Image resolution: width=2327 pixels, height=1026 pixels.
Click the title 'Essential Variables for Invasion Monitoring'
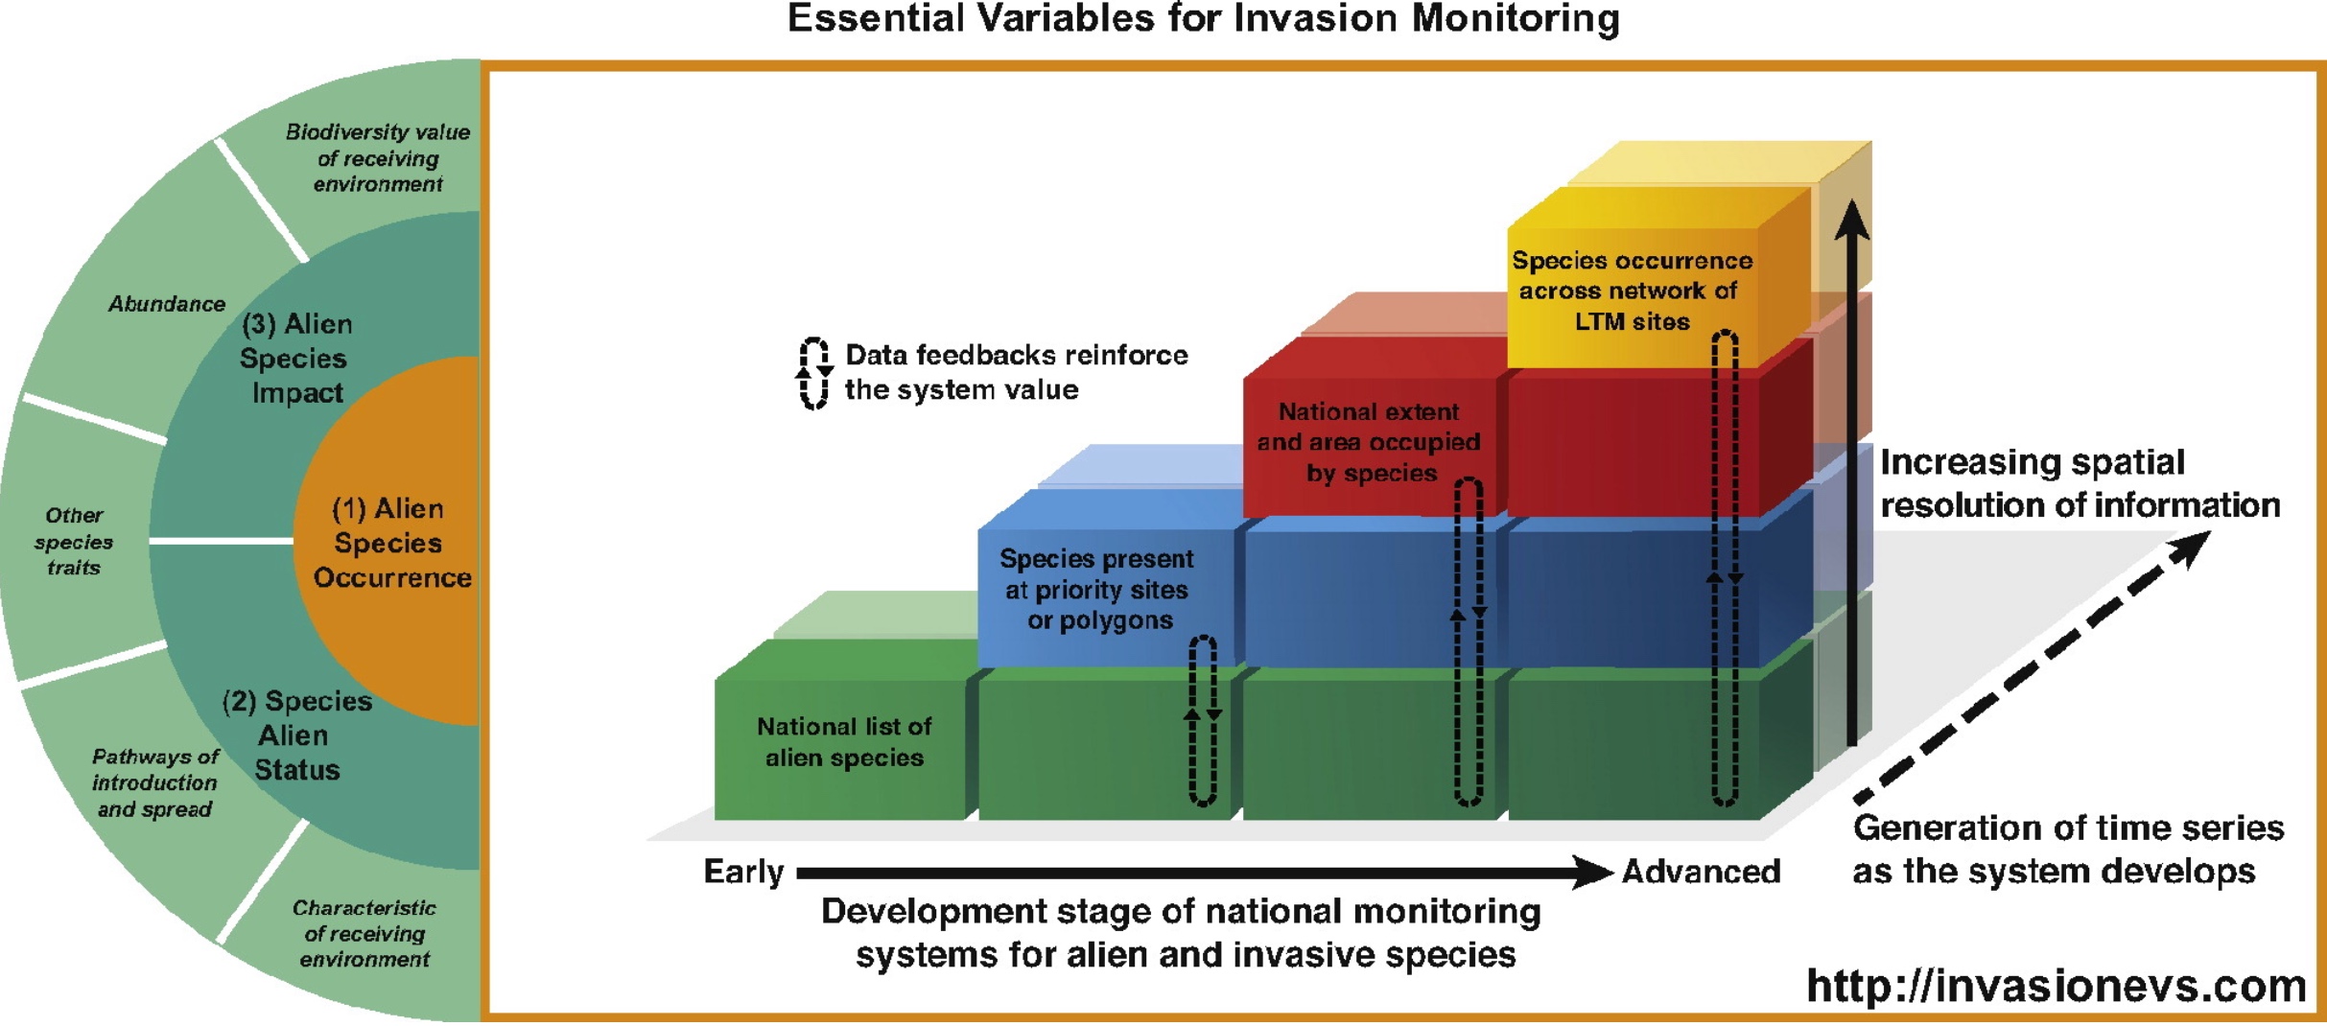(x=1203, y=19)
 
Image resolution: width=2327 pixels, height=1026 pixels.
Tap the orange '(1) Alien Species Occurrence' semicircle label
(x=389, y=543)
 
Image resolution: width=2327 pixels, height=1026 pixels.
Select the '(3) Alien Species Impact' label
(x=295, y=358)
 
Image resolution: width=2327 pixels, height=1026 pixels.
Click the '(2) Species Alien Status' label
(x=295, y=735)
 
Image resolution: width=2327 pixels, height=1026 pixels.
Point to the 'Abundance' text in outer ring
(x=167, y=304)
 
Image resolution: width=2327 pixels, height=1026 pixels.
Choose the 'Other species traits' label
(x=74, y=541)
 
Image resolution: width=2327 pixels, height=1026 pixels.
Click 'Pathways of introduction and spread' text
(x=154, y=782)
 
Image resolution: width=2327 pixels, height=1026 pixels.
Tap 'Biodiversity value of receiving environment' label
(x=378, y=158)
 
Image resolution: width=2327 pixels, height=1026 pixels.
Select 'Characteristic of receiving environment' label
(x=364, y=933)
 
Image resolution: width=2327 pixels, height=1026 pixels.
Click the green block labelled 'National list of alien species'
(x=844, y=741)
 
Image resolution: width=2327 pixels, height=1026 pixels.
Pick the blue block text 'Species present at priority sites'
(x=1098, y=589)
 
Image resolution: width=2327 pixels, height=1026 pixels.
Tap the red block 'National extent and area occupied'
(x=1369, y=442)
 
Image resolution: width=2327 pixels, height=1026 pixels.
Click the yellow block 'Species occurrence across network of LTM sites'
(x=1632, y=291)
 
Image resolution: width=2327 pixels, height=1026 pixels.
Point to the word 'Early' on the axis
(x=743, y=872)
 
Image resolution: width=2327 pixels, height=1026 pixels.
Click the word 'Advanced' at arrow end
(x=1701, y=872)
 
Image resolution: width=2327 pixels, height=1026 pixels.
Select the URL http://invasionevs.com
(x=2056, y=986)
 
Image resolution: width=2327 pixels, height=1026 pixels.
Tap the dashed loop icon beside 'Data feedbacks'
(x=814, y=373)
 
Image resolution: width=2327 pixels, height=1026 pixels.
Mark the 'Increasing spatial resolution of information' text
(x=2079, y=483)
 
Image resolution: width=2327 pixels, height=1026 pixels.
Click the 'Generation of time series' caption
(x=2067, y=849)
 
